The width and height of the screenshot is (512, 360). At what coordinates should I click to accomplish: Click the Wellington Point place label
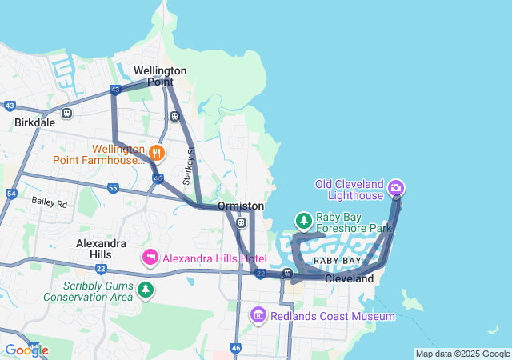pyautogui.click(x=160, y=76)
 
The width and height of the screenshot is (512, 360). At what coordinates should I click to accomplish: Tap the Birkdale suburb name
pyautogui.click(x=35, y=123)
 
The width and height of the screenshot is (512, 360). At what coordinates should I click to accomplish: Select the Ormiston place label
pyautogui.click(x=241, y=206)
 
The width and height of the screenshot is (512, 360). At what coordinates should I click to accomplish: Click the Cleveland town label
pyautogui.click(x=349, y=279)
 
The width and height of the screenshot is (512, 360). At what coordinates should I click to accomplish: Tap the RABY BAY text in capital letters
pyautogui.click(x=336, y=262)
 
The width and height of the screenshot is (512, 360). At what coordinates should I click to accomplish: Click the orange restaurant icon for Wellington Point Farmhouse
pyautogui.click(x=157, y=151)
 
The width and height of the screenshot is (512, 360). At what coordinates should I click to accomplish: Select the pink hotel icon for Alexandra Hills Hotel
pyautogui.click(x=150, y=258)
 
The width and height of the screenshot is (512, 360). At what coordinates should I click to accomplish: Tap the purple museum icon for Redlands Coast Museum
pyautogui.click(x=258, y=315)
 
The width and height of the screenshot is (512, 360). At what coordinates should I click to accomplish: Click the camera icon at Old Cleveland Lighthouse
pyautogui.click(x=394, y=189)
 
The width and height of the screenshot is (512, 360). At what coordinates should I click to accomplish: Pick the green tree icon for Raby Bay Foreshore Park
pyautogui.click(x=303, y=220)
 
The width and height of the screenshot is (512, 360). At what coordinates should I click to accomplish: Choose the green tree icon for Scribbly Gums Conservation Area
pyautogui.click(x=145, y=289)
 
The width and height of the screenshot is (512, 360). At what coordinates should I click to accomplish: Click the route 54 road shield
pyautogui.click(x=11, y=194)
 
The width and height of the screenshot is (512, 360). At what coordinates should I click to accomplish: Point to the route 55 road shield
pyautogui.click(x=113, y=188)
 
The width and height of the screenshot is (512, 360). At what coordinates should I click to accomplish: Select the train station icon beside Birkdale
pyautogui.click(x=66, y=113)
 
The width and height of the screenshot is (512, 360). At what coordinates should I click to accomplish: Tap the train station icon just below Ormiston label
pyautogui.click(x=241, y=222)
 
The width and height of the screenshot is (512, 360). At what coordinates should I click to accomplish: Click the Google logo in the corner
pyautogui.click(x=26, y=350)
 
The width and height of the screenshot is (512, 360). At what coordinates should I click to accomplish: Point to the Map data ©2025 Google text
pyautogui.click(x=462, y=354)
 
